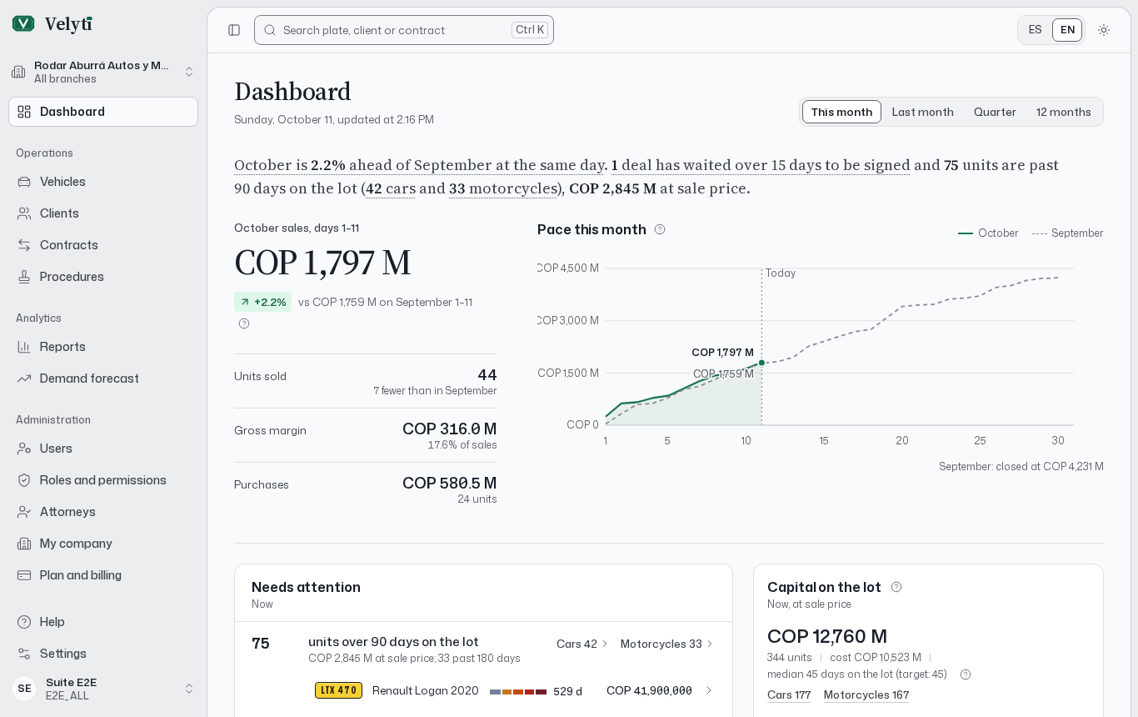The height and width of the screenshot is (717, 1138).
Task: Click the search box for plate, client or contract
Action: [403, 30]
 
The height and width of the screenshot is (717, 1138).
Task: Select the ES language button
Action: [1035, 30]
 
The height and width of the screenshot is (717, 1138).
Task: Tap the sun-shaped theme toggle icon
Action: [1104, 30]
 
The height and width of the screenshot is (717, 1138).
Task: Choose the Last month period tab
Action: [922, 112]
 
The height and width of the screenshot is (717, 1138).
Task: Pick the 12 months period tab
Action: [1063, 112]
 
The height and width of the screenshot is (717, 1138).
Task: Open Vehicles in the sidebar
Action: [62, 182]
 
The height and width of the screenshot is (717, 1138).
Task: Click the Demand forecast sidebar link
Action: [89, 379]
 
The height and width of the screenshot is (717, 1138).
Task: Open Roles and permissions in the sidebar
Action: [102, 480]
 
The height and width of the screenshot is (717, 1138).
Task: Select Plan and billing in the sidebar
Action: [80, 575]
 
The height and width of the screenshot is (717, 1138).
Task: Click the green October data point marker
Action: [761, 363]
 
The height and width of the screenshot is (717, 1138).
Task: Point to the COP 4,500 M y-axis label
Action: [568, 268]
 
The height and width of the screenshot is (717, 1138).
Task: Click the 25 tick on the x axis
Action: [980, 440]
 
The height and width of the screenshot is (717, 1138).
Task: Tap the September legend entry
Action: [1067, 233]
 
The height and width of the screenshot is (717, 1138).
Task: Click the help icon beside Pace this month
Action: [660, 229]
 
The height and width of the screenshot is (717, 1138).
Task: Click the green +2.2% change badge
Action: [262, 302]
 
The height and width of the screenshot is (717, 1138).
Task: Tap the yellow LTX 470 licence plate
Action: [338, 690]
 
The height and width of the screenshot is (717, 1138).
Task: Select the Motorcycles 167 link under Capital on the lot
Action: [866, 694]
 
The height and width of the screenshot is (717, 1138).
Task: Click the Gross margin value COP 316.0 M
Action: [449, 429]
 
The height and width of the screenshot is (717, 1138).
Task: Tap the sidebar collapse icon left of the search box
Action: [234, 30]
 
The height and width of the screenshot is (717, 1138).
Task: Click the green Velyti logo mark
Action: [22, 23]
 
